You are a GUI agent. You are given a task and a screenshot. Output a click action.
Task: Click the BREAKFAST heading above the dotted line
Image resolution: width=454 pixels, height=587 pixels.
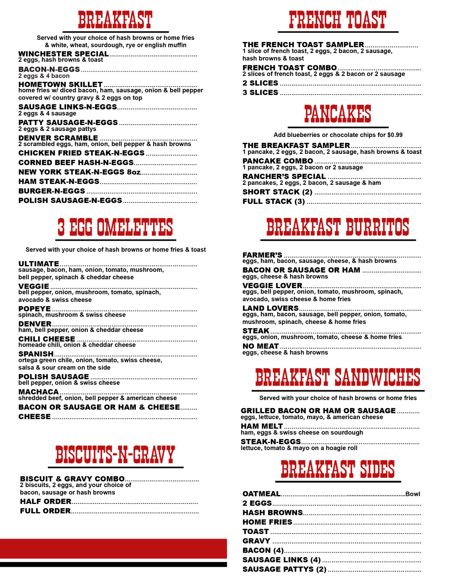point(115,19)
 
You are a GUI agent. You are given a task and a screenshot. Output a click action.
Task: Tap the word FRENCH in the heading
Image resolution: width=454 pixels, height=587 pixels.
point(314,19)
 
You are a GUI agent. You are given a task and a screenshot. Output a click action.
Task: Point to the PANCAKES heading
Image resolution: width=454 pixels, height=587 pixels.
point(338,114)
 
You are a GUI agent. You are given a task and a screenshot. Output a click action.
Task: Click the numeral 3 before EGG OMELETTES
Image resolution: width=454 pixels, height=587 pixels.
point(61,227)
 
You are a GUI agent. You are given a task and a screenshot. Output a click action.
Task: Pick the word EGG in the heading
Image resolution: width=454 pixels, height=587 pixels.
point(81,227)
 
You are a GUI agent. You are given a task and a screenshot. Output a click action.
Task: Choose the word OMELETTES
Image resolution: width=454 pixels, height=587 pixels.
point(135,227)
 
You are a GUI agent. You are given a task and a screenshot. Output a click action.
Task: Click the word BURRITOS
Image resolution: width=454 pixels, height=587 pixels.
point(377,227)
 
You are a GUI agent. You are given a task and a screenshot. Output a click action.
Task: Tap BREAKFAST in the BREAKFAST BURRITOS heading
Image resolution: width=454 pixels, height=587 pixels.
point(303,227)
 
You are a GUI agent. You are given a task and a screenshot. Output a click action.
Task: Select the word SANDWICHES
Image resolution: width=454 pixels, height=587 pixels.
point(378,377)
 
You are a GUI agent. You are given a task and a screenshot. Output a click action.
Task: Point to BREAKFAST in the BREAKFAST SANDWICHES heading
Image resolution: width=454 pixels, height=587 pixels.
point(292,377)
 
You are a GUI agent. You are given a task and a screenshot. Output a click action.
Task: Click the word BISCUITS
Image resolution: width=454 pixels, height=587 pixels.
point(84,455)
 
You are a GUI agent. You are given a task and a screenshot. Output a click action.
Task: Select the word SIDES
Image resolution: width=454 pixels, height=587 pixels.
point(377,469)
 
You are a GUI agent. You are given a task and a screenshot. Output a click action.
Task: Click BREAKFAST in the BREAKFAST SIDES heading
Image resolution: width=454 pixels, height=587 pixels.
point(317,469)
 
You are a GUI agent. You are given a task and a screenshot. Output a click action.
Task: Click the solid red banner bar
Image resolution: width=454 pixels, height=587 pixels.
point(114,548)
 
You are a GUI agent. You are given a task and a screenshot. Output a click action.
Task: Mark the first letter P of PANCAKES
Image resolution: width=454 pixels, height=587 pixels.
point(307,114)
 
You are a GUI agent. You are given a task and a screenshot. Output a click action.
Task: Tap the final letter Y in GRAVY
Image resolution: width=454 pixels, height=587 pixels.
point(171,455)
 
